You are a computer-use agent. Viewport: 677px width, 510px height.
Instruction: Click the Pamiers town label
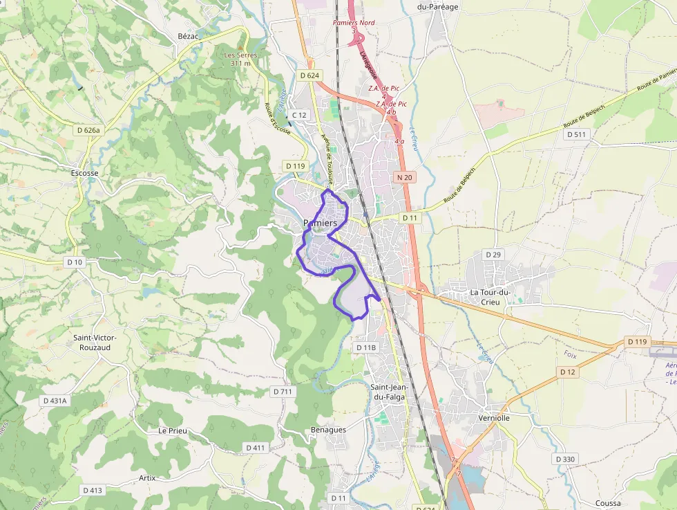320,224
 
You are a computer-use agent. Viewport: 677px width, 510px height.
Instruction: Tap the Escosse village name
85,173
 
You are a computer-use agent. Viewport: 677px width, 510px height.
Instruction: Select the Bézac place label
188,36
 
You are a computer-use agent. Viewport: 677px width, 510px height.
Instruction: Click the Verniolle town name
494,418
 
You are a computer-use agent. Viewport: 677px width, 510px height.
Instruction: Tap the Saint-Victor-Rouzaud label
96,343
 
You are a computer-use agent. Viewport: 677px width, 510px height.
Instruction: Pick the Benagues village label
328,430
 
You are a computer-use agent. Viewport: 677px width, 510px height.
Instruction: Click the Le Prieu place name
173,430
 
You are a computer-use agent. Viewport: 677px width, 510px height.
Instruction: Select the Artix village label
147,478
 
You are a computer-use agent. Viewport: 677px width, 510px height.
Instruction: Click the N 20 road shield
405,178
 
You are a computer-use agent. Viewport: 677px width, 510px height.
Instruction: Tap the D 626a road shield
88,129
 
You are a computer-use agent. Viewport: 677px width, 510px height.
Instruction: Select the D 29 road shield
493,255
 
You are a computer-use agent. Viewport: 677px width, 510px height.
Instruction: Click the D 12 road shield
567,372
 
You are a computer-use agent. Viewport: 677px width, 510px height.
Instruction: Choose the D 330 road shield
564,459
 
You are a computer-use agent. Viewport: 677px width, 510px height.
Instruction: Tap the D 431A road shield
55,401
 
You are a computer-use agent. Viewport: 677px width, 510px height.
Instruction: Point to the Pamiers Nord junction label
354,23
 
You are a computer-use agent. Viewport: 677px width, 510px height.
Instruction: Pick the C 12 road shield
299,115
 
